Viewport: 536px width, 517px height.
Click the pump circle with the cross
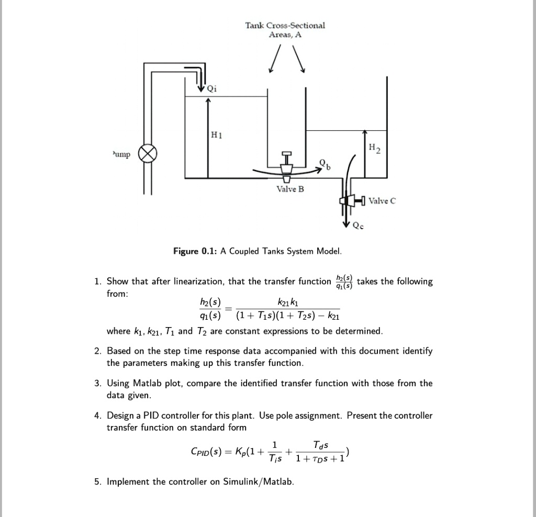click(x=148, y=155)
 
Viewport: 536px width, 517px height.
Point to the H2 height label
click(x=375, y=149)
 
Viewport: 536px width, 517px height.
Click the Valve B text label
click(x=290, y=189)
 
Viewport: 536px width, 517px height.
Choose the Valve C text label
click(x=383, y=200)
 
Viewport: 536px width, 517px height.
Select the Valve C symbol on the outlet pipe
click(x=350, y=200)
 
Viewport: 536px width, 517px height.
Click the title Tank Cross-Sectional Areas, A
click(x=285, y=30)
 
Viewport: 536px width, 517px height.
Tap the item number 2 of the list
click(x=97, y=351)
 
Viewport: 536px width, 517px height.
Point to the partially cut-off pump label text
click(x=120, y=156)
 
